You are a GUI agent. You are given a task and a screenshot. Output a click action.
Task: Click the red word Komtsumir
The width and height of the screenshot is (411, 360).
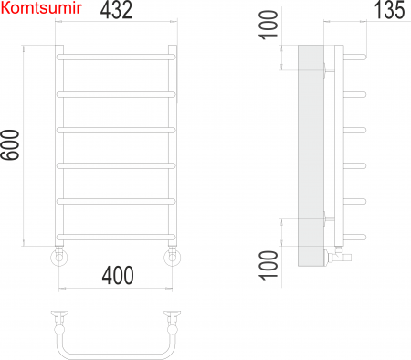coord(41,8)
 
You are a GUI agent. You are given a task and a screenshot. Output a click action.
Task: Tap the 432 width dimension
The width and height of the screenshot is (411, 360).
coord(116,10)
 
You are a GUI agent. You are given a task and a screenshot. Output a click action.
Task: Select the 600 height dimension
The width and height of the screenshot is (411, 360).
coord(10,144)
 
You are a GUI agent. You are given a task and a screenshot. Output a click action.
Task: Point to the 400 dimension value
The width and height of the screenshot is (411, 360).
coord(118,275)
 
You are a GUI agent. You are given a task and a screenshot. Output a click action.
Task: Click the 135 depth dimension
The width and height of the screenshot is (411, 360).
coord(390,10)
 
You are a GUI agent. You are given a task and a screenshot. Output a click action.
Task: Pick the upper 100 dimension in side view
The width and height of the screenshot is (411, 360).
coord(269,25)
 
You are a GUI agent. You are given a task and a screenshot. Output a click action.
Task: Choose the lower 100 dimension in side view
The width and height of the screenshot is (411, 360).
coord(269,265)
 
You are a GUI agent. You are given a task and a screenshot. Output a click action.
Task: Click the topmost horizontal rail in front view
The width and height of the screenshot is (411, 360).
coord(116,57)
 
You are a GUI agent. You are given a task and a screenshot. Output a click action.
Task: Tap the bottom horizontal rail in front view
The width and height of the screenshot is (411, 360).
coord(116,237)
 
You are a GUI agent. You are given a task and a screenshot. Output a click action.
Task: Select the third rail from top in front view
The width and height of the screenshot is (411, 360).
coord(116,130)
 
